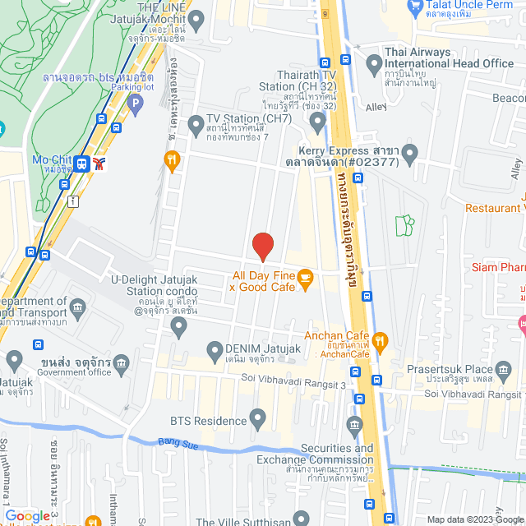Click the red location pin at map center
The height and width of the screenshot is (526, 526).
(x=262, y=246)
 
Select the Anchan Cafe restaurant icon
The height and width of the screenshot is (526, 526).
(x=379, y=339)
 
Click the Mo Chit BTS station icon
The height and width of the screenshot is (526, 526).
(x=82, y=163)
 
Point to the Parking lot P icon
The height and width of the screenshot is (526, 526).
(x=136, y=104)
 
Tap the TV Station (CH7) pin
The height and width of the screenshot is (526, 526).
(x=196, y=125)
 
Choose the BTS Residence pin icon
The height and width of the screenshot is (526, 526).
(x=259, y=421)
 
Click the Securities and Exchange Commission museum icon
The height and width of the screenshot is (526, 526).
(x=354, y=425)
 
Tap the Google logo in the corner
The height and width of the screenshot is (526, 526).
(x=27, y=516)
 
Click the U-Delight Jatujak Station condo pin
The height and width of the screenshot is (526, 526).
(x=179, y=328)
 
